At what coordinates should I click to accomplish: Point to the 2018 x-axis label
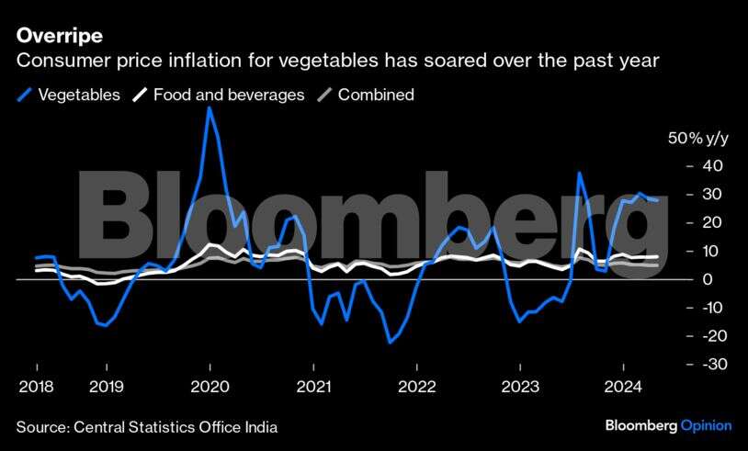coord(35,387)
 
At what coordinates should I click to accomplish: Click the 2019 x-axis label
coord(108,387)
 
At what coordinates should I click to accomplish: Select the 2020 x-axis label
coord(210,387)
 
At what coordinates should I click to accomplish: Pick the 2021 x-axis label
coord(313,387)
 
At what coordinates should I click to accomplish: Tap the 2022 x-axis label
coord(417,387)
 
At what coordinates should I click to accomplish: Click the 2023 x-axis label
coord(521,387)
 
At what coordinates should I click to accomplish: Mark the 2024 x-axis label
coord(624,387)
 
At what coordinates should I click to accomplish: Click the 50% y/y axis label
coord(697,139)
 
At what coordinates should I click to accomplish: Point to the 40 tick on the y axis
coord(713,166)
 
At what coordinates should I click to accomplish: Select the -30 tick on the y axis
coord(709,365)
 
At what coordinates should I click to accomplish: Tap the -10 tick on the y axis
coord(709,308)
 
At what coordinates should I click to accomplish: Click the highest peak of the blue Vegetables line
coord(210,107)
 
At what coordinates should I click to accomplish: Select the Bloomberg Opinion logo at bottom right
coord(668,425)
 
